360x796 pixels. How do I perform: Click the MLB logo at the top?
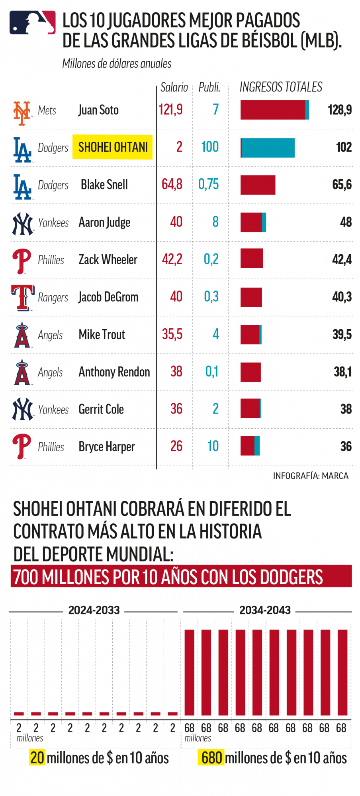click(x=33, y=22)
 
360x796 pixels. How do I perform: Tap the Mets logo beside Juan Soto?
click(x=22, y=113)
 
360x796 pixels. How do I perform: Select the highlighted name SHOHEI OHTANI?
click(x=113, y=147)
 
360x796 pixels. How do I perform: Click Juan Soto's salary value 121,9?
click(x=170, y=109)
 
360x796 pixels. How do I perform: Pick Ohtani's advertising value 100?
click(x=210, y=147)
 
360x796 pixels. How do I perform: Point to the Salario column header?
click(x=174, y=87)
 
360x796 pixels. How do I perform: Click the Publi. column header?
click(x=209, y=87)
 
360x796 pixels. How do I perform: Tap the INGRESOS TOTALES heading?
click(x=281, y=87)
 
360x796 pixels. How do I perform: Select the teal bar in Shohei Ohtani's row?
click(x=268, y=148)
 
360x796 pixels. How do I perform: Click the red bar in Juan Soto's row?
click(x=273, y=110)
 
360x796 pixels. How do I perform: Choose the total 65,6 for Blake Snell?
click(x=342, y=184)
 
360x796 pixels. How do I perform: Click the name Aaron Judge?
click(x=104, y=222)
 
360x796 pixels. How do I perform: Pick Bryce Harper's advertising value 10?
click(x=213, y=446)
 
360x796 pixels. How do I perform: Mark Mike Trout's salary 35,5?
click(x=172, y=334)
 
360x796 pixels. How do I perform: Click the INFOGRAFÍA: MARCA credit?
click(x=311, y=476)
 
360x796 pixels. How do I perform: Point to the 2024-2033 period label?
click(x=94, y=610)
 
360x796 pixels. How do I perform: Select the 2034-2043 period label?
click(x=265, y=610)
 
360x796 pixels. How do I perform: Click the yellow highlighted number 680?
click(x=211, y=758)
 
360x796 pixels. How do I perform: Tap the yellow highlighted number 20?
click(x=37, y=758)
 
